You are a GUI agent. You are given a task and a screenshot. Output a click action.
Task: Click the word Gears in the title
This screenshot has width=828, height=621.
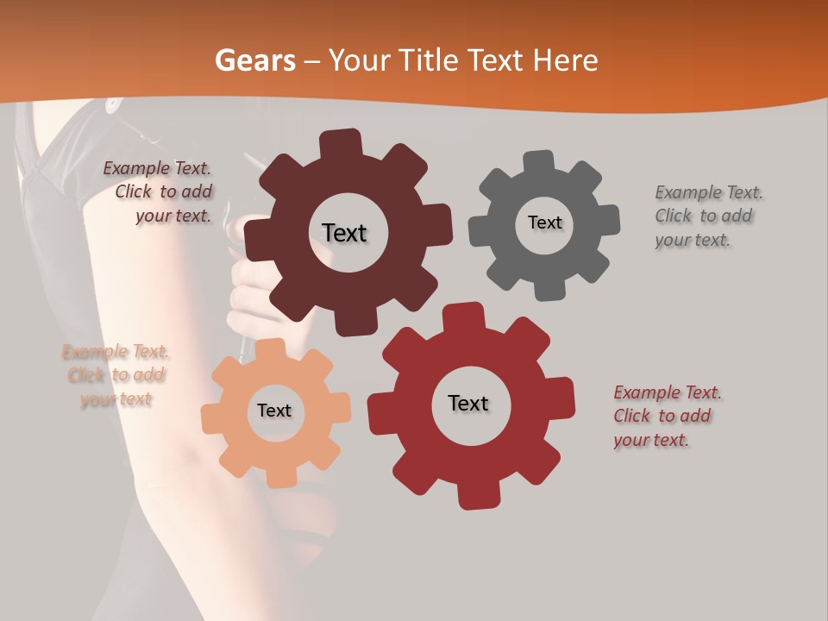[x=254, y=61]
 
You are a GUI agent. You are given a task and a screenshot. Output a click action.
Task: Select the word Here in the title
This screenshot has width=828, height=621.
[x=566, y=61]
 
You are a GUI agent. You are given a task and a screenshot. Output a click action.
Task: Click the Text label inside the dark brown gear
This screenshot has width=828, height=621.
[x=344, y=233]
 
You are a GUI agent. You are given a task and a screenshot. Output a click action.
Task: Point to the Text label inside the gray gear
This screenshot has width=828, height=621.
[x=544, y=223]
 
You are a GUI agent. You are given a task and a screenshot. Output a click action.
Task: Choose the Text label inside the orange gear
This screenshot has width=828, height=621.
[x=274, y=411]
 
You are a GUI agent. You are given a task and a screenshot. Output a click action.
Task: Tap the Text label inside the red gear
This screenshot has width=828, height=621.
[x=468, y=403]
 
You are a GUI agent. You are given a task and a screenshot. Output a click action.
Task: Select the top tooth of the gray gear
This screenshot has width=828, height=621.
[x=540, y=160]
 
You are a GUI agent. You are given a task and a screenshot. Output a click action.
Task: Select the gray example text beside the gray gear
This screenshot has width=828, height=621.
[x=707, y=216]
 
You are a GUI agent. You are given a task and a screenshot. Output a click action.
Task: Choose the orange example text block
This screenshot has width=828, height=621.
[x=116, y=375]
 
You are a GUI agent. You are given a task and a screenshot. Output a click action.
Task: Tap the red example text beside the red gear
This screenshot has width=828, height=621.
[x=666, y=417]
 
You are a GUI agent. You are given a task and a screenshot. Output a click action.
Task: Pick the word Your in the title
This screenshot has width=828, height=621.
[x=360, y=61]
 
